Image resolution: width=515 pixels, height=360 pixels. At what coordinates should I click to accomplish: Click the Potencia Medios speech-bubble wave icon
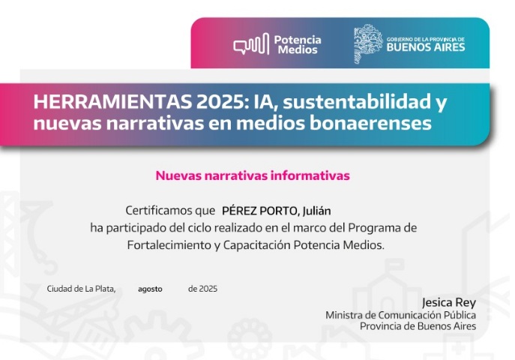(x=251, y=43)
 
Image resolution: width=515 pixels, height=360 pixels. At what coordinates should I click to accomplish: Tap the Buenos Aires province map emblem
(x=368, y=43)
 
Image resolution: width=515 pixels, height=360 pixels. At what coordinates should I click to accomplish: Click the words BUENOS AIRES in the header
(x=426, y=47)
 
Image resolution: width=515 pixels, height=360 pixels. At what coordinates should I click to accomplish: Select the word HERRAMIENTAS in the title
(x=112, y=102)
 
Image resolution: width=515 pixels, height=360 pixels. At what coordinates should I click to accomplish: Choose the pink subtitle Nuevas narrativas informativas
(x=253, y=175)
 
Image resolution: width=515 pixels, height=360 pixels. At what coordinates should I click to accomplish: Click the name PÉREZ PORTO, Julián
(x=276, y=211)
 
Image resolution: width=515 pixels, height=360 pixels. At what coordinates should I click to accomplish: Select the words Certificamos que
(x=170, y=210)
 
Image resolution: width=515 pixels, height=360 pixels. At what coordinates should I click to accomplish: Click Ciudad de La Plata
(x=81, y=289)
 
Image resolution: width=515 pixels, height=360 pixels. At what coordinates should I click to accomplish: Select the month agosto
(x=150, y=289)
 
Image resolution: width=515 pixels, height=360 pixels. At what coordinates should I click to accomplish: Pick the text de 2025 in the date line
(x=202, y=289)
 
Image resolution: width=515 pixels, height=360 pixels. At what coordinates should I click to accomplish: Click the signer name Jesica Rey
(x=448, y=302)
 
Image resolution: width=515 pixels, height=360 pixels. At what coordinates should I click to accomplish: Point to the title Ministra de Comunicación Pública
(x=401, y=315)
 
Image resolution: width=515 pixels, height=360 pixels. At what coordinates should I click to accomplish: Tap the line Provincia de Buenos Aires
(x=418, y=326)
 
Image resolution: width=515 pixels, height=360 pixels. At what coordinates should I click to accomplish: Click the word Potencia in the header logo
(x=298, y=40)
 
